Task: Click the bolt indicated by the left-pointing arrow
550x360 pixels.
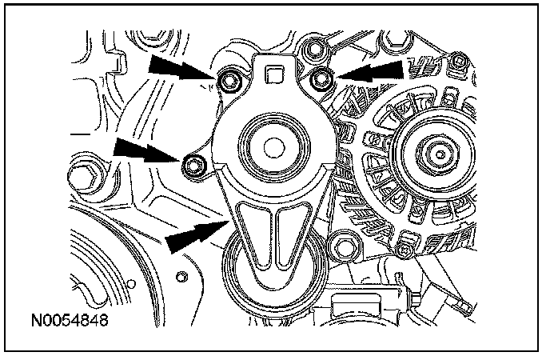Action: point(323,78)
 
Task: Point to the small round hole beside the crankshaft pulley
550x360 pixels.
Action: point(181,277)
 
